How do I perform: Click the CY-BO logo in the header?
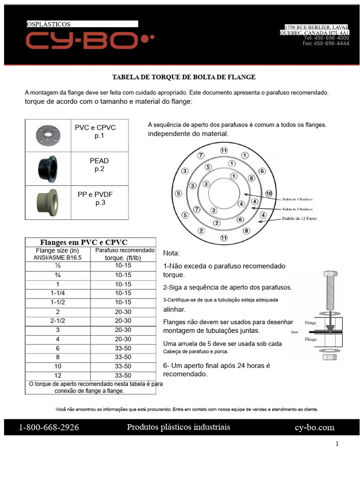pyautogui.click(x=90, y=41)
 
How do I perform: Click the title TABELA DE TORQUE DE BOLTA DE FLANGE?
pyautogui.click(x=184, y=77)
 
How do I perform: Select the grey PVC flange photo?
pyautogui.click(x=48, y=135)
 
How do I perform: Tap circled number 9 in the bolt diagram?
pyautogui.click(x=178, y=193)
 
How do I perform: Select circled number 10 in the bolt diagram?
pyautogui.click(x=269, y=193)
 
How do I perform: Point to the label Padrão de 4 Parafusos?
pyautogui.click(x=298, y=199)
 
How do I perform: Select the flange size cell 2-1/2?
pyautogui.click(x=58, y=321)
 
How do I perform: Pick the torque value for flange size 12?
pyautogui.click(x=123, y=375)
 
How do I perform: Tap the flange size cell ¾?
pyautogui.click(x=58, y=275)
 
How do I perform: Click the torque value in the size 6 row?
pyautogui.click(x=123, y=348)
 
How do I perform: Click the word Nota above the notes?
pyautogui.click(x=171, y=253)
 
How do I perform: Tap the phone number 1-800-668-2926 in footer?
pyautogui.click(x=49, y=427)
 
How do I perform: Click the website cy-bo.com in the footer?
pyautogui.click(x=315, y=427)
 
